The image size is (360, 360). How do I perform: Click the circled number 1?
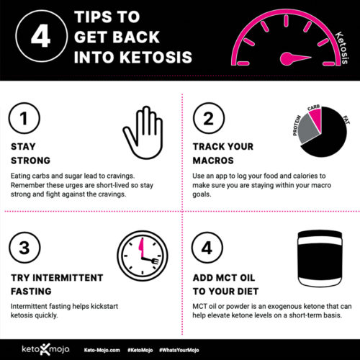point(25,120)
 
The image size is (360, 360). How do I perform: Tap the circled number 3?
point(25,248)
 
